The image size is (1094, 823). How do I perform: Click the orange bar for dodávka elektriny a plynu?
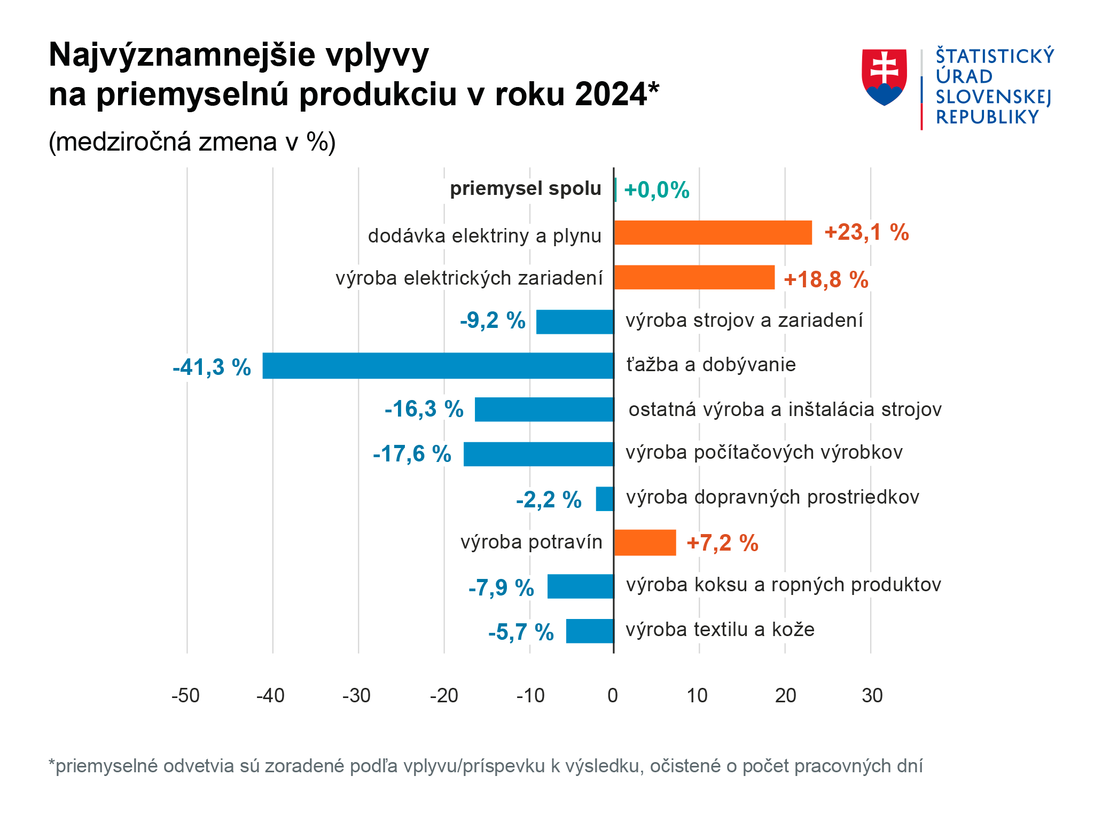click(713, 233)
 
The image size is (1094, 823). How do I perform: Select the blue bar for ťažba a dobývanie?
click(438, 366)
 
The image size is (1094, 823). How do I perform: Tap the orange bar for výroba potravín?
click(645, 543)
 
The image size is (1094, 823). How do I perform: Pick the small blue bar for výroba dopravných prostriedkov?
click(605, 499)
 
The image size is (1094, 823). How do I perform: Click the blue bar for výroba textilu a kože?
click(590, 631)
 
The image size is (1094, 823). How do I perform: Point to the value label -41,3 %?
click(212, 367)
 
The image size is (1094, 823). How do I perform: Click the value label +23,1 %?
click(866, 232)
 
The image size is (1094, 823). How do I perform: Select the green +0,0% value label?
click(657, 190)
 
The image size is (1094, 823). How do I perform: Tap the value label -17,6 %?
click(412, 454)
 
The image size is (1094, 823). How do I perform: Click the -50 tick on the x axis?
click(185, 695)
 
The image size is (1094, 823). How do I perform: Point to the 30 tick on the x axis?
click(872, 695)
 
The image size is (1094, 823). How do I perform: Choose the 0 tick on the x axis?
click(613, 695)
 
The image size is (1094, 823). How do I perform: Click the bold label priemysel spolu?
click(526, 189)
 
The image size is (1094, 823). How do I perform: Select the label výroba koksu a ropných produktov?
click(783, 585)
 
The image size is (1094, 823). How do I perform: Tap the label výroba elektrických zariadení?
click(469, 278)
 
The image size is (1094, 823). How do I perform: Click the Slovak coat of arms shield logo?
click(884, 77)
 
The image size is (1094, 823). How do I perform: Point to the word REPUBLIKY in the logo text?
click(987, 117)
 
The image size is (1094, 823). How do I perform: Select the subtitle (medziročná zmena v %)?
click(192, 142)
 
